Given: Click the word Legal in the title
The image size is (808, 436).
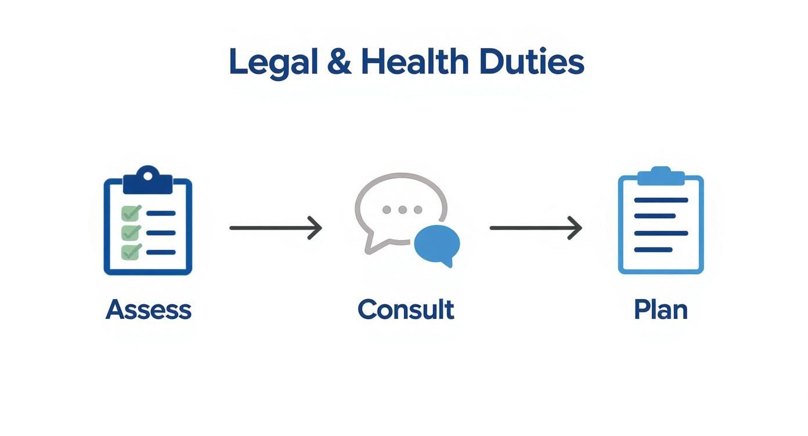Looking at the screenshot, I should click(x=273, y=63).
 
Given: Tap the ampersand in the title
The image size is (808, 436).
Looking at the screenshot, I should click(x=339, y=62).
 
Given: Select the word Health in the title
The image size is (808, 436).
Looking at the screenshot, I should click(x=414, y=62).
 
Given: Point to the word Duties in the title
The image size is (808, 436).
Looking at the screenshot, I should click(x=531, y=62).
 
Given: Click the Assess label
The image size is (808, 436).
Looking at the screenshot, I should click(x=148, y=310).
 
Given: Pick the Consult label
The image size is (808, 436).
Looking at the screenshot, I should click(x=405, y=310).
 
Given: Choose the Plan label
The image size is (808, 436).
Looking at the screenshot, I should click(x=661, y=310).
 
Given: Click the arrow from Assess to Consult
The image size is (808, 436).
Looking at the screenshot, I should click(x=275, y=228).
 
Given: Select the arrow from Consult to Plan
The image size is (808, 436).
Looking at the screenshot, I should click(x=535, y=228).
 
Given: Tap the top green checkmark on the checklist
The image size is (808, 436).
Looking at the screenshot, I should click(x=131, y=213).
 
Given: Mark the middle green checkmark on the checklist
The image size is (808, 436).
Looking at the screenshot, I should click(x=131, y=232).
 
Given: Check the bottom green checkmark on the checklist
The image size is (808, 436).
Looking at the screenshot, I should click(x=131, y=252).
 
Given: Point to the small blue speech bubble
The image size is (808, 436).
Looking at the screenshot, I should click(x=437, y=244).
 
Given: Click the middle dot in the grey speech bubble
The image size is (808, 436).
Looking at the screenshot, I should click(x=402, y=210).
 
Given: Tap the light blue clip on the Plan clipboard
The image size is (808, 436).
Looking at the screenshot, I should click(x=661, y=176).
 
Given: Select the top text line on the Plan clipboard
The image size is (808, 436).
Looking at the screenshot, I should click(x=661, y=200).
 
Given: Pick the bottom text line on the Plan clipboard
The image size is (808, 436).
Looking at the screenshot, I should click(x=653, y=250).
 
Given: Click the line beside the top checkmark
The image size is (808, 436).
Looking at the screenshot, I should click(x=161, y=213).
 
